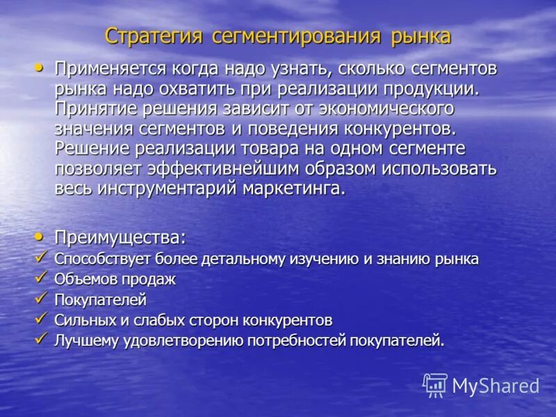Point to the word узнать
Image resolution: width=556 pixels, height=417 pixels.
275,69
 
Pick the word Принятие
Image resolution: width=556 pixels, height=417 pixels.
92,109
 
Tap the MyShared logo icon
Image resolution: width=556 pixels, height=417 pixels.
435,385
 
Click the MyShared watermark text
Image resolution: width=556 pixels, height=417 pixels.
496,386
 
